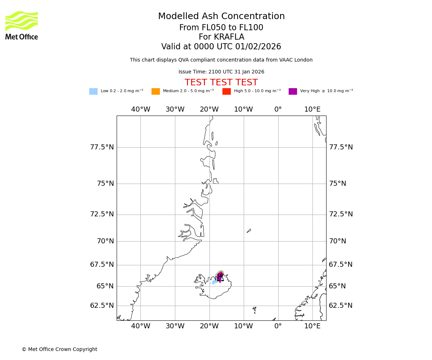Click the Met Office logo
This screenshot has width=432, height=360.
tap(22, 25)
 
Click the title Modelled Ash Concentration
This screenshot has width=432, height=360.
tap(221, 17)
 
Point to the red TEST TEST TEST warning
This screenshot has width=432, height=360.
tap(221, 82)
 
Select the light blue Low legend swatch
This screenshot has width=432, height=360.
tap(93, 91)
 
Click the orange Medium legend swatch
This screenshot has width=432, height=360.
tap(156, 91)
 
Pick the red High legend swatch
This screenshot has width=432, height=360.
tap(226, 91)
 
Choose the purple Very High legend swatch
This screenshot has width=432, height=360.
tap(293, 91)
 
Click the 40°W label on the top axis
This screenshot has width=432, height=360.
tap(140, 109)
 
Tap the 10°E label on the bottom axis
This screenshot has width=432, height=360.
tap(312, 326)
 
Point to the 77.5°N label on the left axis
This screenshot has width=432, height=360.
tap(102, 147)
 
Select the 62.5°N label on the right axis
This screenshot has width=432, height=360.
tap(341, 306)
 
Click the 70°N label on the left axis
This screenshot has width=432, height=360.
tap(105, 241)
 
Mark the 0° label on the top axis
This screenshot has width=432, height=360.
tap(278, 109)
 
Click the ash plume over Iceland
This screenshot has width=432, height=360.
tap(219, 276)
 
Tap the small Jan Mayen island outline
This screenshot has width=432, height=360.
tap(249, 231)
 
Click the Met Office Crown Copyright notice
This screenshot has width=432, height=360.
tap(59, 349)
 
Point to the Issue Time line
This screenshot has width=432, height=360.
tap(221, 72)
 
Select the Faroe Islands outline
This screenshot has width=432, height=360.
tap(255, 309)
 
